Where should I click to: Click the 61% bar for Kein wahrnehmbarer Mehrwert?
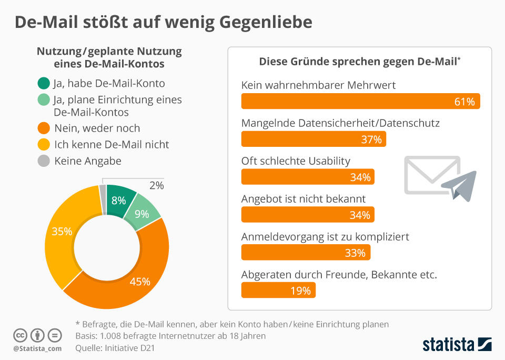pyautogui.click(x=360, y=102)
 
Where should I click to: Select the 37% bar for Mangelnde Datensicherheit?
pyautogui.click(x=314, y=139)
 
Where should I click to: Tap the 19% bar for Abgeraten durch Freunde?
pyautogui.click(x=278, y=290)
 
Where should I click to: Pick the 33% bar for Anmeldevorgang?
pyautogui.click(x=306, y=253)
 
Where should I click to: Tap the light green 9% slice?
pyautogui.click(x=141, y=214)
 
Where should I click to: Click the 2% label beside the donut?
pyautogui.click(x=156, y=185)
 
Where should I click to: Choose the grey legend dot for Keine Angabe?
pyautogui.click(x=44, y=161)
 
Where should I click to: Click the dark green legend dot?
pyautogui.click(x=44, y=83)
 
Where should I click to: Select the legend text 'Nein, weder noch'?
pyautogui.click(x=97, y=128)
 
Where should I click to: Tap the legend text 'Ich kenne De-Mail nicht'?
pyautogui.click(x=112, y=144)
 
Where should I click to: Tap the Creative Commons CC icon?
pyautogui.click(x=20, y=335)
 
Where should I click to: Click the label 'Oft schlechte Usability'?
pyautogui.click(x=296, y=161)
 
